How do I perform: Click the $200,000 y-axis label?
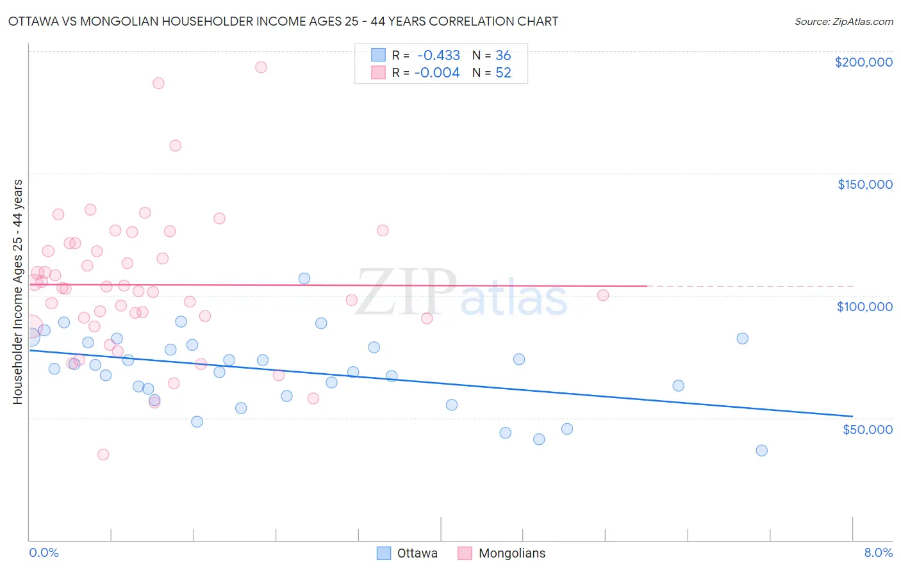863,62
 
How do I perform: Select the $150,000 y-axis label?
864,184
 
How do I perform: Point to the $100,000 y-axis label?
864,307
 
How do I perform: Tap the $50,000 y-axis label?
867,429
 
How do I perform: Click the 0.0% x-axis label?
44,552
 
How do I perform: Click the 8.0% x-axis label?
878,552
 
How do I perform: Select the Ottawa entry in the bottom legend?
408,553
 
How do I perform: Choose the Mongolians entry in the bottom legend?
502,553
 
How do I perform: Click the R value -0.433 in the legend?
438,56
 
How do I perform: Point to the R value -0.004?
437,73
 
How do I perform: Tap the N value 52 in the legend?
503,73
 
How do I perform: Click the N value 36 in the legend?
503,56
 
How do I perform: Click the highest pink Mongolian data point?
261,67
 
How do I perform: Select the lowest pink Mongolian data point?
103,454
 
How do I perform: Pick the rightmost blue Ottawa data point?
761,450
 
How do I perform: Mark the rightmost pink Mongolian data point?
603,295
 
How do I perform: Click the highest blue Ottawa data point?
304,278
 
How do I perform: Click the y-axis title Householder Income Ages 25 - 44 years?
18,292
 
